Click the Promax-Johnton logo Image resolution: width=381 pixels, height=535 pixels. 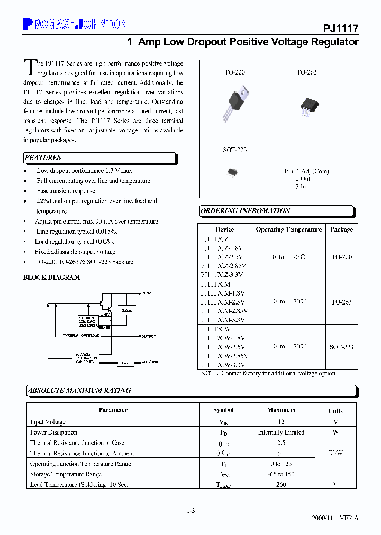pos(75,24)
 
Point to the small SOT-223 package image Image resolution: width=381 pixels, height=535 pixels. pos(232,171)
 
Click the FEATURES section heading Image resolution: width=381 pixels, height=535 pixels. pos(43,158)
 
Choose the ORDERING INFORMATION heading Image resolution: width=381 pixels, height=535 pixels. pos(245,211)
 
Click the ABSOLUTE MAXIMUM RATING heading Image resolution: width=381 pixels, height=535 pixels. pos(79,391)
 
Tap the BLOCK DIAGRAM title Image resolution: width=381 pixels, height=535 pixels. pos(51,277)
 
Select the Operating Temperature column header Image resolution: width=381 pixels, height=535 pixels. pos(288,229)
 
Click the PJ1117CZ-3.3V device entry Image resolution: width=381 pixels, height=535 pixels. pos(222,274)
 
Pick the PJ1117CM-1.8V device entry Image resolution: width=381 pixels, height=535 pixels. pos(222,293)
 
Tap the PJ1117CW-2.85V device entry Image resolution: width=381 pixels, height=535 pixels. pos(224,356)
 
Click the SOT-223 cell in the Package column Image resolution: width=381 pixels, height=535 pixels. pos(341,347)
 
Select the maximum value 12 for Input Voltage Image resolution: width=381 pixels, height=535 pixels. pos(281,422)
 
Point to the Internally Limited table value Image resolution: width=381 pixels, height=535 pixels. pos(281,432)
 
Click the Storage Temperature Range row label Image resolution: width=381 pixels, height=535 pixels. pos(67,474)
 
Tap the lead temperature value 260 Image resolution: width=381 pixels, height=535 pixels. pos(281,484)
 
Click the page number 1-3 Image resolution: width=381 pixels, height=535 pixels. pos(191,510)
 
